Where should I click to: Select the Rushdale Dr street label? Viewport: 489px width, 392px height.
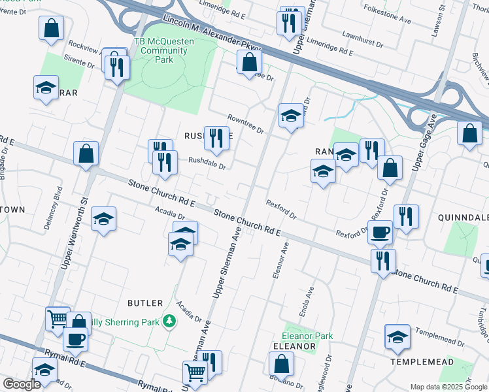[x=207, y=163]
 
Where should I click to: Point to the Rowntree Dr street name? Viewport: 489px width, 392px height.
[x=245, y=123]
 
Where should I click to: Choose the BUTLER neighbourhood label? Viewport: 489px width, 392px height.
[x=145, y=303]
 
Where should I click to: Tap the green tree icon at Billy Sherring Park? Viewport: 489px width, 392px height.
[x=169, y=321]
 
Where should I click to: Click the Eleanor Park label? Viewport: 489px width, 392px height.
[x=307, y=336]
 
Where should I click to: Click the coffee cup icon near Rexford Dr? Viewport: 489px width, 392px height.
[x=380, y=231]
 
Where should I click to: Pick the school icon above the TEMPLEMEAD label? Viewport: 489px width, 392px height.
[x=397, y=336]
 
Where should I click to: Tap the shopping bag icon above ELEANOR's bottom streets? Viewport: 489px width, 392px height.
[x=281, y=363]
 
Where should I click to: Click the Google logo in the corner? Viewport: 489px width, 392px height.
[x=22, y=384]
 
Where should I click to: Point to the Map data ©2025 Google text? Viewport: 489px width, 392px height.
[x=448, y=387]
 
